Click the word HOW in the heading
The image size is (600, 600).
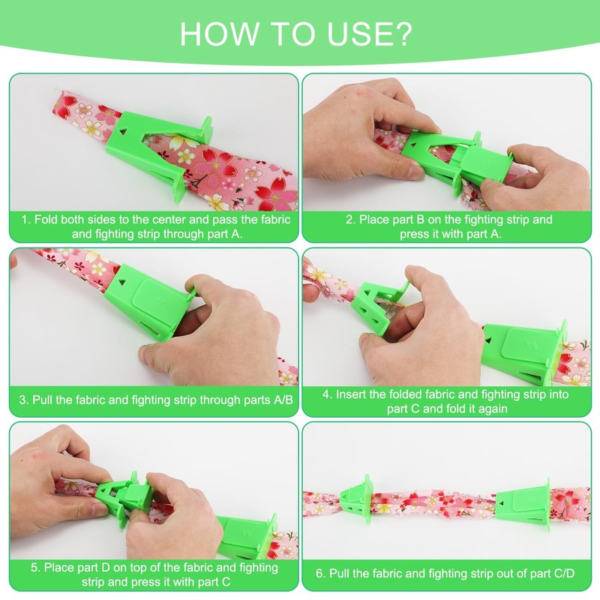click(219, 34)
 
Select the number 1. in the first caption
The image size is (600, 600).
click(26, 220)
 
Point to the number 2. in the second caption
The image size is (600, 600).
click(351, 220)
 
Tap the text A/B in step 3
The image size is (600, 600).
click(283, 400)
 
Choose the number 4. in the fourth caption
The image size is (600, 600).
click(327, 394)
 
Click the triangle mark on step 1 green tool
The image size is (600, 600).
click(123, 132)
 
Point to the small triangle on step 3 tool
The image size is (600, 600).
click(122, 282)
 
